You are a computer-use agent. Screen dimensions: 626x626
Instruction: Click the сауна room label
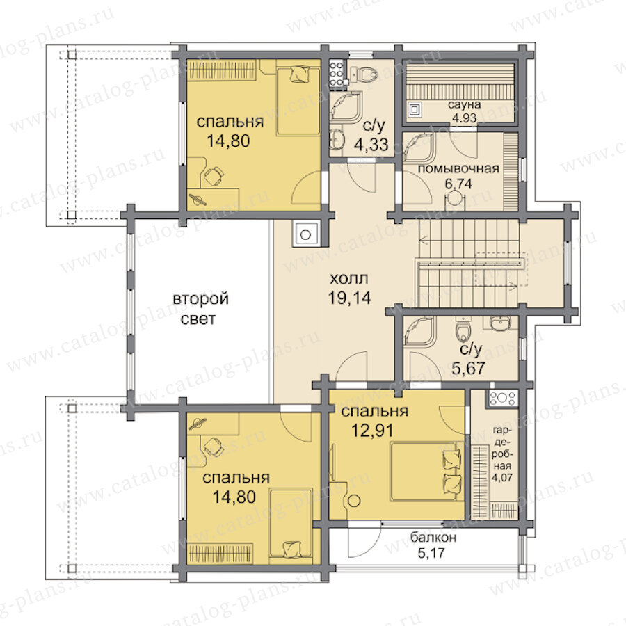click(464, 106)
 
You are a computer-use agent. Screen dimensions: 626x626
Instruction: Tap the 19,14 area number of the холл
click(350, 298)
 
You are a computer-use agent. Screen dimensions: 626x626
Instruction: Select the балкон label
click(433, 538)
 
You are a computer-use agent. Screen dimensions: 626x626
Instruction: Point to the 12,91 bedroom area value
click(373, 431)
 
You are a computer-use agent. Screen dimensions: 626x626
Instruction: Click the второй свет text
click(200, 309)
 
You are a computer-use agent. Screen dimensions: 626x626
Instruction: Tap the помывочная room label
click(458, 168)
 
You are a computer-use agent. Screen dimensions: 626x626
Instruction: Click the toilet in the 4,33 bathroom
click(364, 74)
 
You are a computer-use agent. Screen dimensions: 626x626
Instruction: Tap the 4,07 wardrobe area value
click(501, 477)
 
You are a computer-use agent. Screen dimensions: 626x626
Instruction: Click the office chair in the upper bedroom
click(214, 176)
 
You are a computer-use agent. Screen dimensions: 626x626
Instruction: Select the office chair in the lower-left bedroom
click(214, 447)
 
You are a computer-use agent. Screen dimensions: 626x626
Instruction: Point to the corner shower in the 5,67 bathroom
click(419, 332)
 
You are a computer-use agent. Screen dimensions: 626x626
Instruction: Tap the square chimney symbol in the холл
click(306, 234)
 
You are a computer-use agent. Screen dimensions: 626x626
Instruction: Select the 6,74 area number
click(458, 184)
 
